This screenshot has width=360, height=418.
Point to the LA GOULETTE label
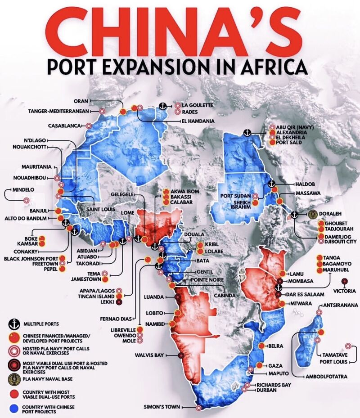198,105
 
